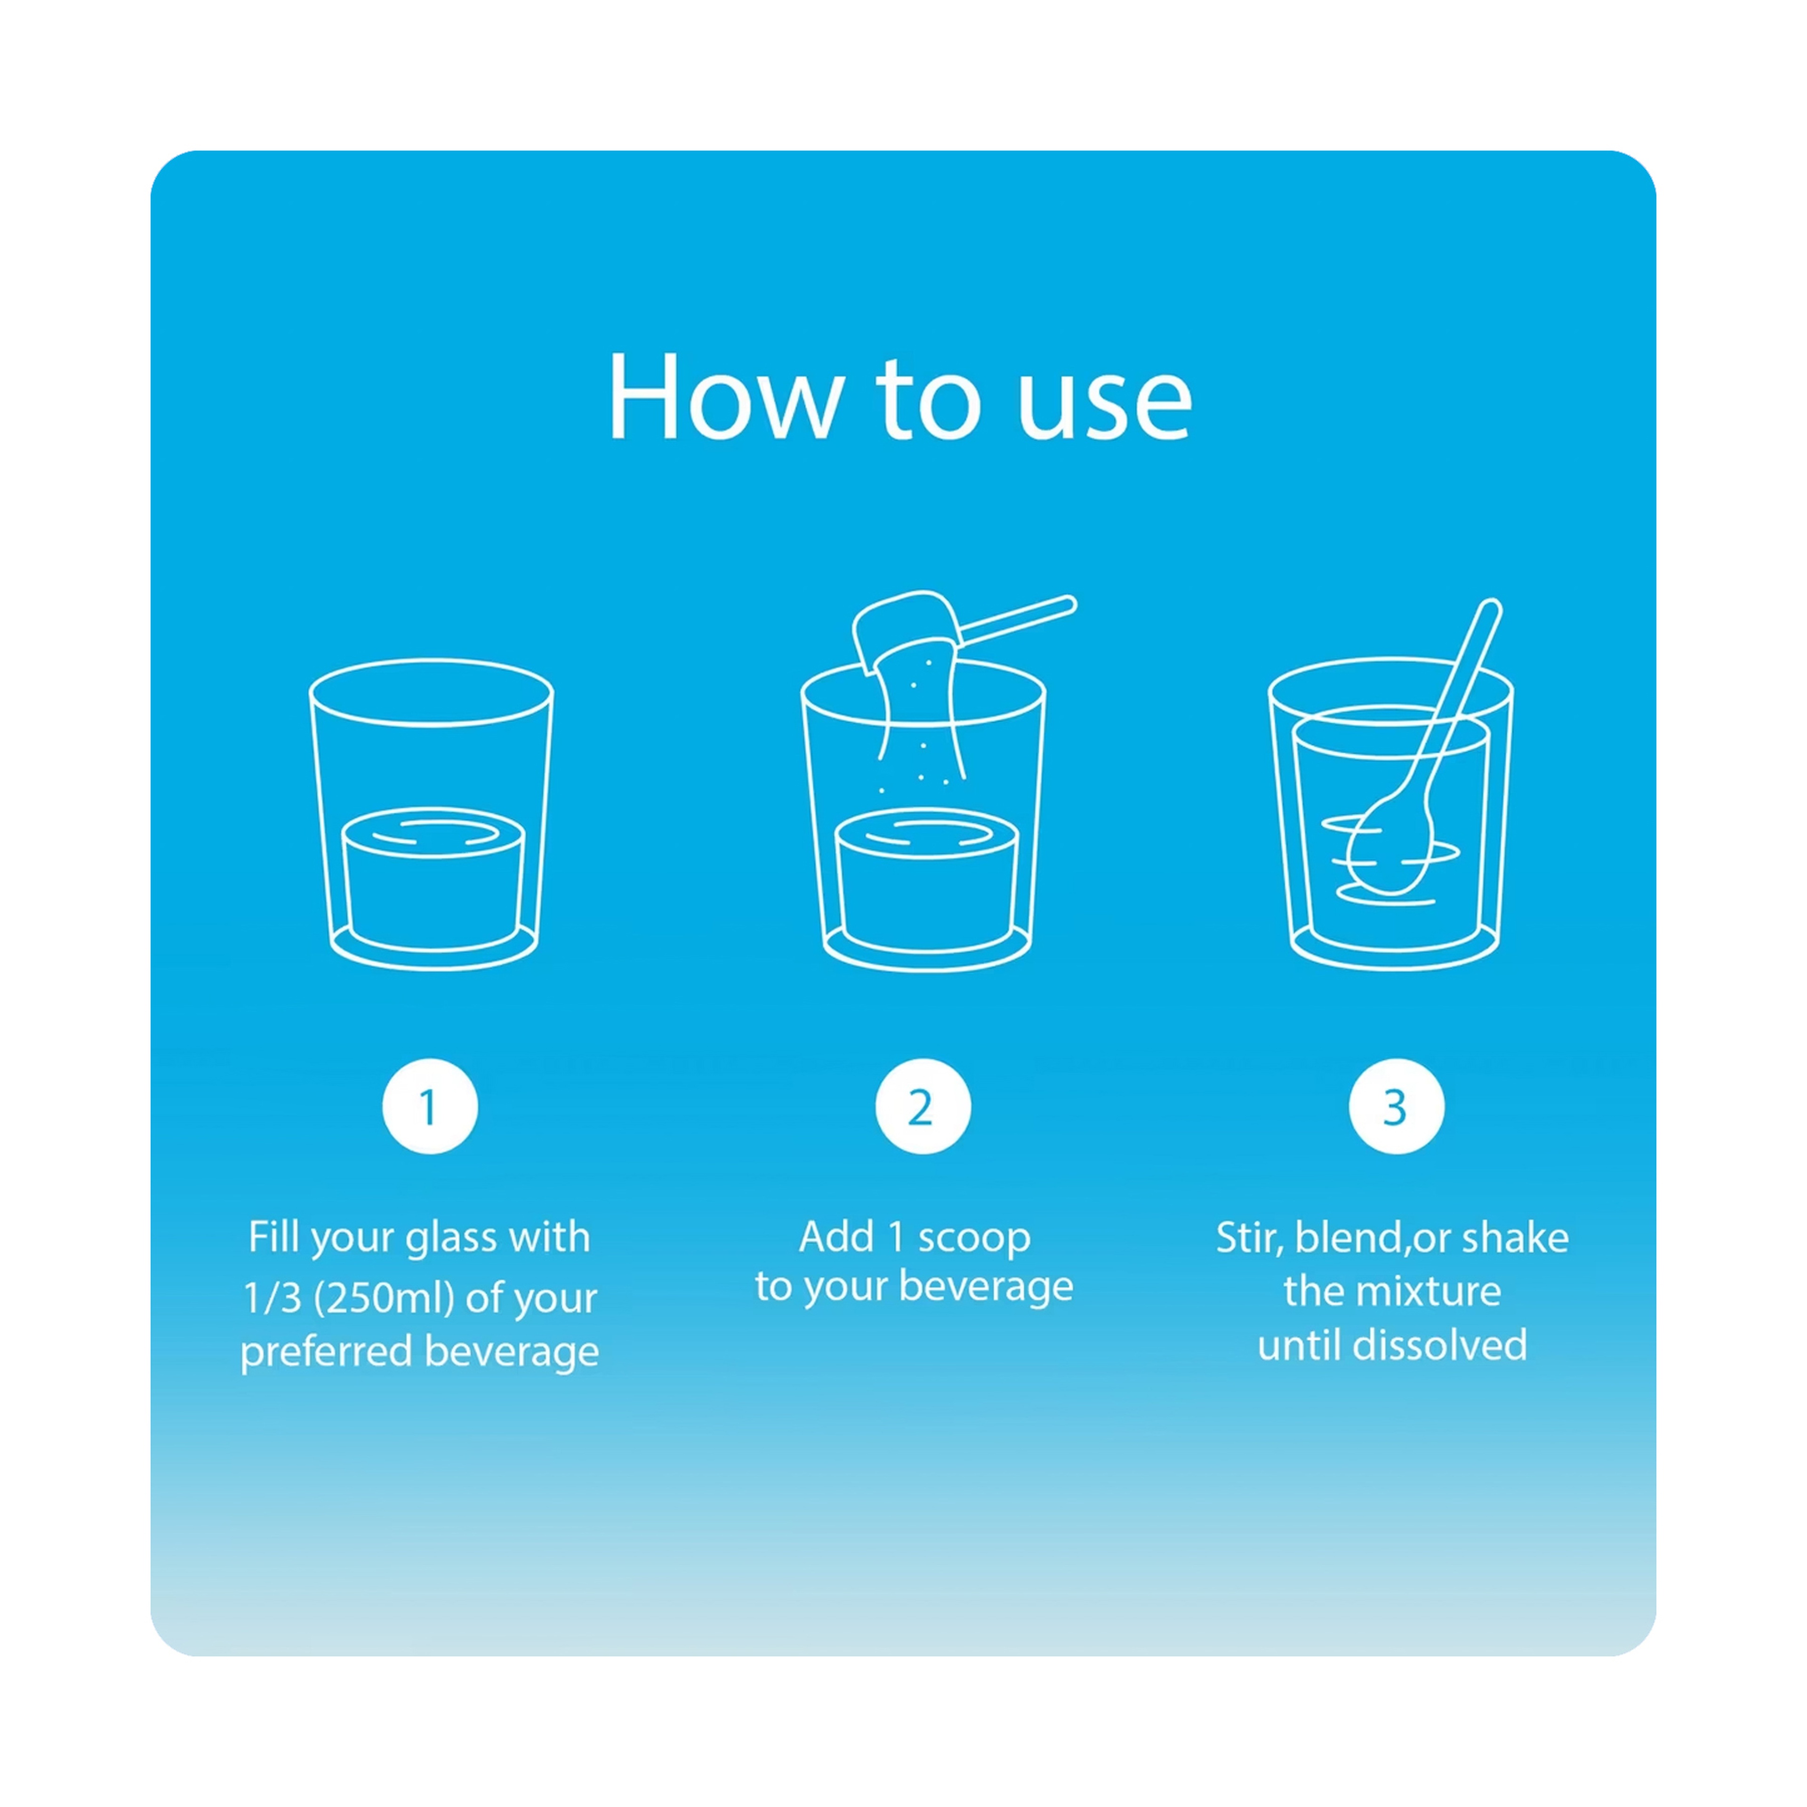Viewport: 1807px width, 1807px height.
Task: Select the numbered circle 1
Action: tap(429, 1106)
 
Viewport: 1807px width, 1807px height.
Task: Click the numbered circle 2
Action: tap(922, 1106)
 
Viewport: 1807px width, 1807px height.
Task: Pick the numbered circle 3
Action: tap(1395, 1106)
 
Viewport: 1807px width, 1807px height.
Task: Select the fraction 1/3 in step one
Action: tap(272, 1298)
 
